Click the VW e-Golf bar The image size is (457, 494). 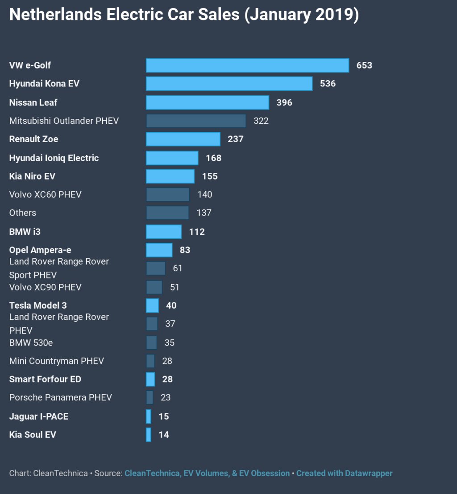click(247, 65)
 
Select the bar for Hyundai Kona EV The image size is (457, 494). click(229, 84)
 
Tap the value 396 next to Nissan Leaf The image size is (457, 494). click(284, 102)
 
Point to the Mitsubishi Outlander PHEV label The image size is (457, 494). click(64, 121)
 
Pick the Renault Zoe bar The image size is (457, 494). click(183, 139)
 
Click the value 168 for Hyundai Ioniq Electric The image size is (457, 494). click(213, 158)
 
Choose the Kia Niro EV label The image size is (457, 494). click(32, 176)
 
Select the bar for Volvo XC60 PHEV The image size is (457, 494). click(168, 195)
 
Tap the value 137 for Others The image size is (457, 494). click(204, 213)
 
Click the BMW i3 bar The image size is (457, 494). click(164, 232)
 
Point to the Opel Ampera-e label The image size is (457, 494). click(40, 250)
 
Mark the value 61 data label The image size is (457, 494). click(178, 268)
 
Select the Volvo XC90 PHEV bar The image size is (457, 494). click(154, 287)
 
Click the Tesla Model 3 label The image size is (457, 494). click(38, 306)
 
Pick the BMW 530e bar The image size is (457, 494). click(151, 343)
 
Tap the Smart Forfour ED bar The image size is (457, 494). click(150, 380)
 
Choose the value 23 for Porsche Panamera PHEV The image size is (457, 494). click(166, 397)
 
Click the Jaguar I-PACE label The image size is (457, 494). click(39, 416)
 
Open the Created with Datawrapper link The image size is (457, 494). click(344, 473)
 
